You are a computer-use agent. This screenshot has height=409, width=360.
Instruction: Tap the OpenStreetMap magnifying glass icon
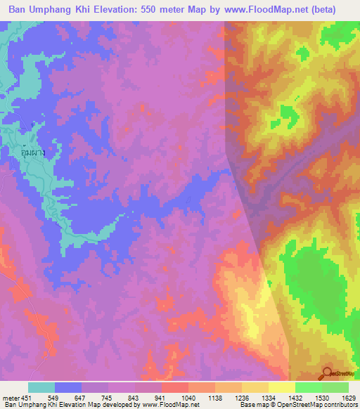coord(327,374)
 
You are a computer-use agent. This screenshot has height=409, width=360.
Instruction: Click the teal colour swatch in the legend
coord(41,387)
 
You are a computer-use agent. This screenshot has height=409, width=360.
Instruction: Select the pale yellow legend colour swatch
coord(281,387)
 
